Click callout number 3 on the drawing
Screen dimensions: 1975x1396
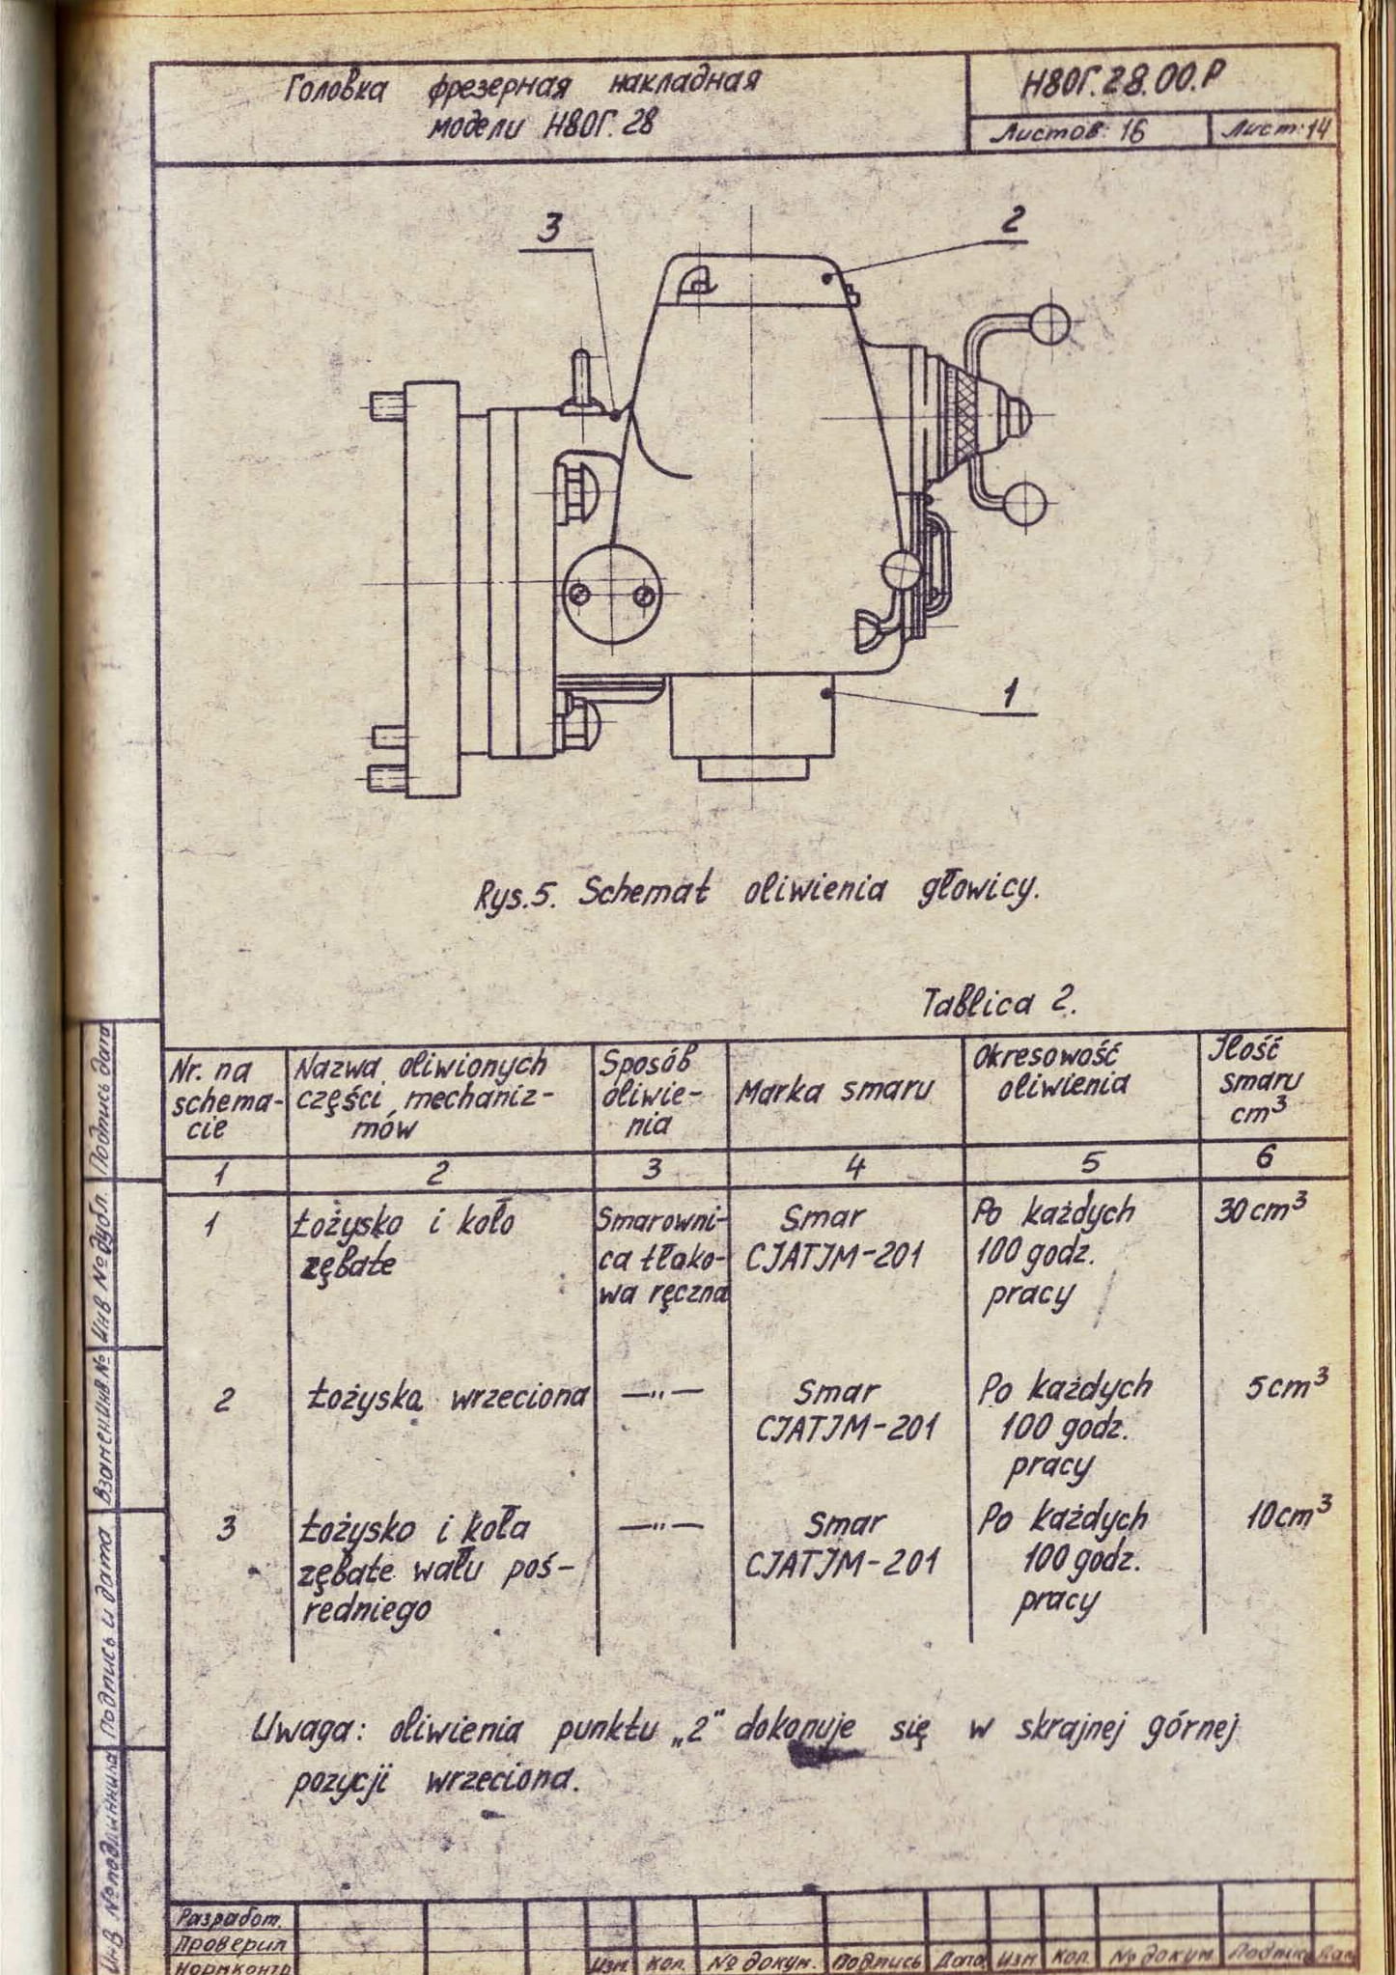551,229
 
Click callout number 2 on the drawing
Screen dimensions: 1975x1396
1011,221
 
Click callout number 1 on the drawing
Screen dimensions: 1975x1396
1009,693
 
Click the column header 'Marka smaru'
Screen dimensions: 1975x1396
836,1092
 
